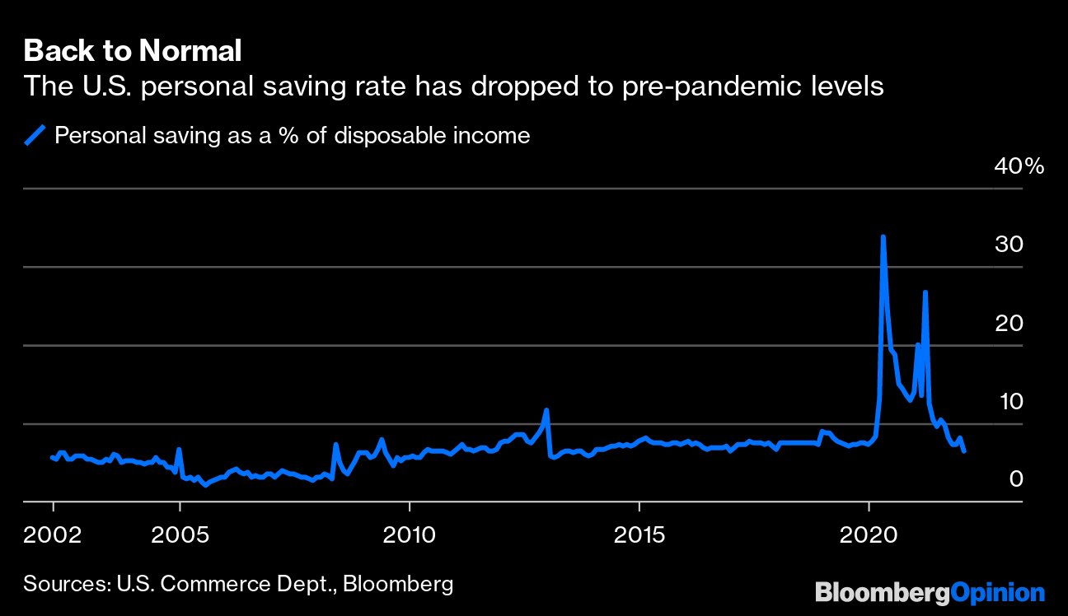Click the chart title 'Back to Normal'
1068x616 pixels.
pyautogui.click(x=133, y=50)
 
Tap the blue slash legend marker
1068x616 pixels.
pyautogui.click(x=35, y=135)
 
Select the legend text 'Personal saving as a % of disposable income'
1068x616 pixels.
pyautogui.click(x=293, y=135)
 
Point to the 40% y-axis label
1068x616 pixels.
pyautogui.click(x=1019, y=166)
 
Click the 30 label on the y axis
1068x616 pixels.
pyautogui.click(x=1009, y=245)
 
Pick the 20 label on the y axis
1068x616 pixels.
pyautogui.click(x=1009, y=324)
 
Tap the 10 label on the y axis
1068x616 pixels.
pyautogui.click(x=1011, y=402)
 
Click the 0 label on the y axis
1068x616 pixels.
pyautogui.click(x=1016, y=479)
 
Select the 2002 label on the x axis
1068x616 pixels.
pyautogui.click(x=53, y=535)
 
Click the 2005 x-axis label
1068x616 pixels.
pyautogui.click(x=180, y=535)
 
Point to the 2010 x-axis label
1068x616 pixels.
pyautogui.click(x=409, y=535)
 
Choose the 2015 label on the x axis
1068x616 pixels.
pyautogui.click(x=639, y=535)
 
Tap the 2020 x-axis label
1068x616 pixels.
pyautogui.click(x=869, y=535)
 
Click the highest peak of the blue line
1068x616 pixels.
pyautogui.click(x=883, y=236)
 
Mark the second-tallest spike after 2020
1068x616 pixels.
pyautogui.click(x=925, y=292)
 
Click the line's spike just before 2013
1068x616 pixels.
pyautogui.click(x=546, y=410)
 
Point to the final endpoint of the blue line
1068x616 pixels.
pyautogui.click(x=964, y=451)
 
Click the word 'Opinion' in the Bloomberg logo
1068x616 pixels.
pyautogui.click(x=997, y=594)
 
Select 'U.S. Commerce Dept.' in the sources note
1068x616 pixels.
pyautogui.click(x=227, y=585)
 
